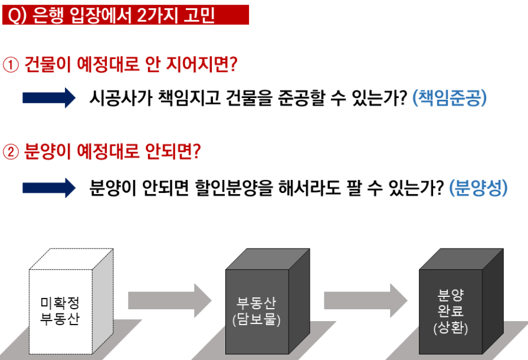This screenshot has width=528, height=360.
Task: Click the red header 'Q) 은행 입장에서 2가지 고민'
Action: pos(125,14)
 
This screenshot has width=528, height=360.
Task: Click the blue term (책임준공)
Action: pos(450,97)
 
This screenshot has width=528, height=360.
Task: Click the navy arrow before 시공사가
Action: pos(48,97)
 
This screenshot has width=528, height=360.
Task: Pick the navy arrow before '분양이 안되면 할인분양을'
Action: pos(48,188)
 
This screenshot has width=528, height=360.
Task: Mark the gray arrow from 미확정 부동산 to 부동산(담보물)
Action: pos(169,300)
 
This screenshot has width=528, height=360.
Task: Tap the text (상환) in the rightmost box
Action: pos(450,328)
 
